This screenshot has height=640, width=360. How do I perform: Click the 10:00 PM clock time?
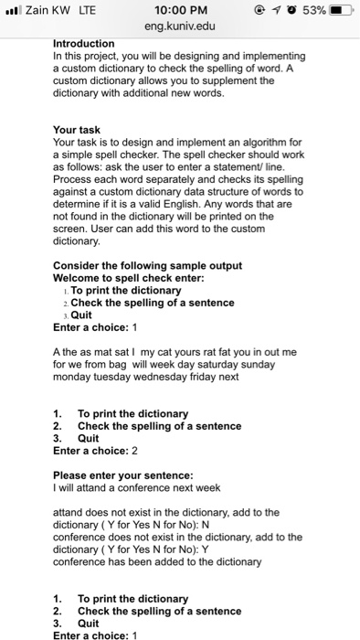click(x=179, y=9)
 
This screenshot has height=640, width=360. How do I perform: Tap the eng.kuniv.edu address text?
click(x=179, y=27)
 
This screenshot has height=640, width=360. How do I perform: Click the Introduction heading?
click(x=84, y=43)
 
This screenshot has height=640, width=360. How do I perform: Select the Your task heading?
click(x=77, y=130)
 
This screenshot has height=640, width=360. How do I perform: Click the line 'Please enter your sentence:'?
click(x=122, y=475)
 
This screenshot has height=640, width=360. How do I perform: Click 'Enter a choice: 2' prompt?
click(x=95, y=451)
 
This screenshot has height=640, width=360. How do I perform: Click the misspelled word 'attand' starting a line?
click(x=69, y=512)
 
